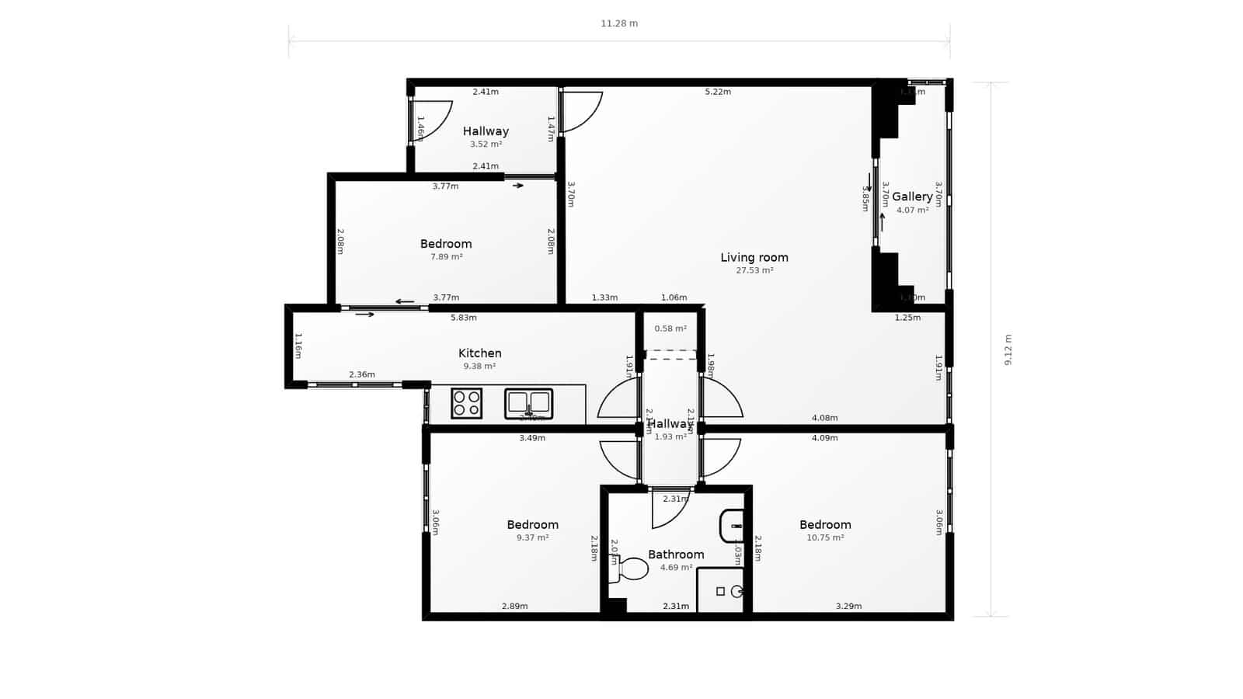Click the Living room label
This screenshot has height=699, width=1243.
point(754,258)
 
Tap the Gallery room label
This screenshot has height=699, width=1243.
point(911,196)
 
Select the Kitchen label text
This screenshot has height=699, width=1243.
point(479,353)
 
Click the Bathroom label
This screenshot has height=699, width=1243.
point(676,555)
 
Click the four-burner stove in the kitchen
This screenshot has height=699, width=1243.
point(466,403)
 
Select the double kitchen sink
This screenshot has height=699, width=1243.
point(528,403)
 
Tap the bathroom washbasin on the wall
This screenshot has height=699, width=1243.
point(732,526)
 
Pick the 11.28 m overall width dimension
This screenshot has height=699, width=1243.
point(619,23)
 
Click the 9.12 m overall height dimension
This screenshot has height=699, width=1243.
point(1008,349)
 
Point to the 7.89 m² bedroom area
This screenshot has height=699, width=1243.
point(446,257)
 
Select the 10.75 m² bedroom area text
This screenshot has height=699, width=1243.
point(825,537)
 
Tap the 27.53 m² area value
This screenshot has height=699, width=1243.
point(754,271)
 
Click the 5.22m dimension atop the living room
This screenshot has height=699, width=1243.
point(718,92)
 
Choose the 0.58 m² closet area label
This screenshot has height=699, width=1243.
point(670,329)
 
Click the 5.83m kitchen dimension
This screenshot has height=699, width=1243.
point(464,318)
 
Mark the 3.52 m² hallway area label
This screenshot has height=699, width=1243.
point(486,144)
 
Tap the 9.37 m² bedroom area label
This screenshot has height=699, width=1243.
point(532,537)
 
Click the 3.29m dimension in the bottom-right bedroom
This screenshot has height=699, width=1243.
point(848,607)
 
